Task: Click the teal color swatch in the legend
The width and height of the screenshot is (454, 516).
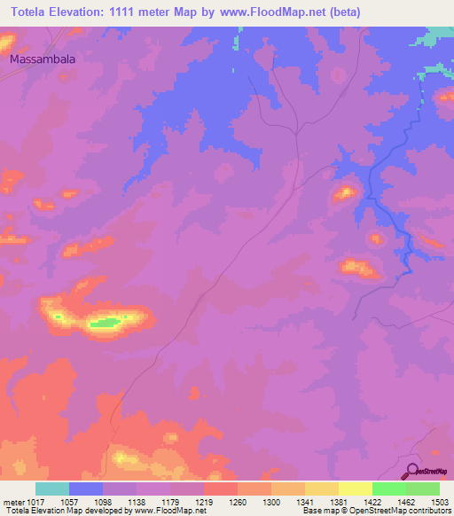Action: pyautogui.click(x=52, y=489)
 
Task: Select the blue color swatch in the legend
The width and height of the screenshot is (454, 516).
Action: pyautogui.click(x=86, y=489)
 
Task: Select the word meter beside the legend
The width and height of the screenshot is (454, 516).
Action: pyautogui.click(x=15, y=501)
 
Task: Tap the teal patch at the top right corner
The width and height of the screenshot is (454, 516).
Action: pyautogui.click(x=436, y=36)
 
